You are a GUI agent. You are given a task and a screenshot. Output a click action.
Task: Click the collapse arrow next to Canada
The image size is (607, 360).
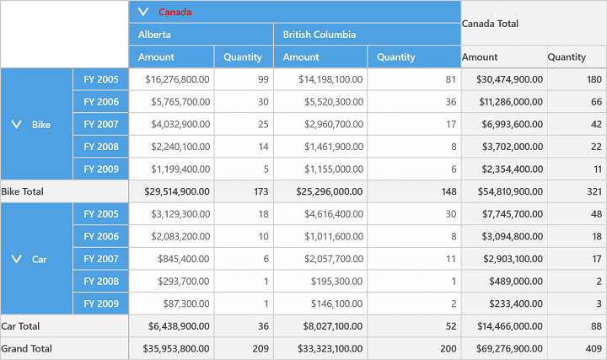(143, 12)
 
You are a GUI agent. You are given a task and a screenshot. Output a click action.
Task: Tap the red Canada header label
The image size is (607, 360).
(175, 12)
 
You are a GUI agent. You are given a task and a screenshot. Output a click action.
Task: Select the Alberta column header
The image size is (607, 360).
(154, 35)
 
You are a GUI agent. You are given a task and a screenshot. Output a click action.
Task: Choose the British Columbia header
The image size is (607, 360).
(320, 35)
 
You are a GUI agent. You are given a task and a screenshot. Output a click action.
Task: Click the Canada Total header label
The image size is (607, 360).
(490, 24)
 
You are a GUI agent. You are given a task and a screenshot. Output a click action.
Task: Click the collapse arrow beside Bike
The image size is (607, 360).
(17, 124)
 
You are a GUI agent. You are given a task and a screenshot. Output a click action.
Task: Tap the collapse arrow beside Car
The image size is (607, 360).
(17, 259)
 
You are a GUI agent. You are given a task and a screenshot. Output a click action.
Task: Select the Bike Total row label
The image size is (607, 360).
(23, 191)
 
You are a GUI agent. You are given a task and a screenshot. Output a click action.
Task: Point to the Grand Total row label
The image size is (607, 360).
(27, 349)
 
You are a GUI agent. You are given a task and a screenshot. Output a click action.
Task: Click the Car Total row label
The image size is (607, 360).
(20, 326)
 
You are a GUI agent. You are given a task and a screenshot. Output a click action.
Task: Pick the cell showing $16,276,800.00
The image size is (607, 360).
(177, 79)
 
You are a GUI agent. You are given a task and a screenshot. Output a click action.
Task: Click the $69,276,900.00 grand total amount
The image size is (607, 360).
(509, 349)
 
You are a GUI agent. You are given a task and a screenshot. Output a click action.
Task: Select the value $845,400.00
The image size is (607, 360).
(184, 259)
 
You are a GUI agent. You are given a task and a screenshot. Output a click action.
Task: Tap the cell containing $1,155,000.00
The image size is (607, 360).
(334, 169)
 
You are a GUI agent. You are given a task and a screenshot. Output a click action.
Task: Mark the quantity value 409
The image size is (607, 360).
(594, 349)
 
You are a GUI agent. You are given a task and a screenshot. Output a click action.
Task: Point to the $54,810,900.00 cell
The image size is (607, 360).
(510, 191)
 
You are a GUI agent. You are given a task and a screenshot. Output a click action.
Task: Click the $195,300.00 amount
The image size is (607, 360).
(336, 282)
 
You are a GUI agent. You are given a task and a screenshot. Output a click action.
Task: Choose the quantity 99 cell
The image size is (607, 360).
(263, 79)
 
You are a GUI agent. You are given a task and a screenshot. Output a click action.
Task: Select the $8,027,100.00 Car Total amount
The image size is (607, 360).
(333, 326)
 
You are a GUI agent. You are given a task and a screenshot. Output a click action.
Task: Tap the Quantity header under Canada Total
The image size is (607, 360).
(567, 56)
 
